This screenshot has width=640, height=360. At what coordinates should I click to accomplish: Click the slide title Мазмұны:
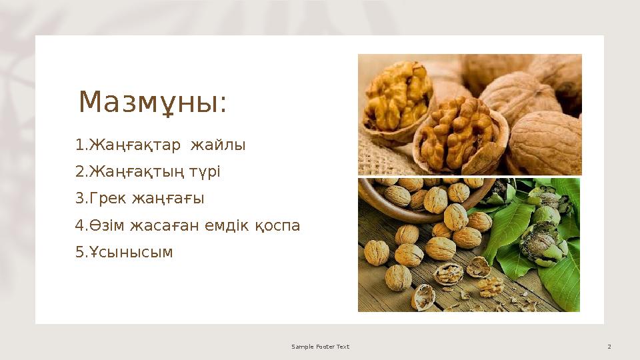153,102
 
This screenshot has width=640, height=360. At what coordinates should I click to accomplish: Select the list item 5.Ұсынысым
124,252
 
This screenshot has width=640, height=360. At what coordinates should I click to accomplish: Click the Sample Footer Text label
320,347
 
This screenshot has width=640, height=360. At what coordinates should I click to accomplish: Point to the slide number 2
609,347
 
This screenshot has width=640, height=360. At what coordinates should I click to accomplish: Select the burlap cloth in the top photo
380,157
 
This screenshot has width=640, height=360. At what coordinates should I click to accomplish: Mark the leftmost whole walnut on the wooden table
375,253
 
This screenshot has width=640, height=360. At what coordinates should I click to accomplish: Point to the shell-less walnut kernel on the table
490,287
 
